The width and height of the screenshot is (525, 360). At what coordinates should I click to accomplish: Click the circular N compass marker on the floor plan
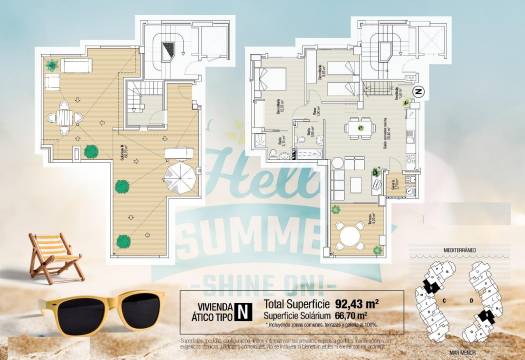click(x=418, y=91)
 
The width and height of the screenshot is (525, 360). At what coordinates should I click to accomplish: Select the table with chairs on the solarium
click(x=63, y=116)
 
